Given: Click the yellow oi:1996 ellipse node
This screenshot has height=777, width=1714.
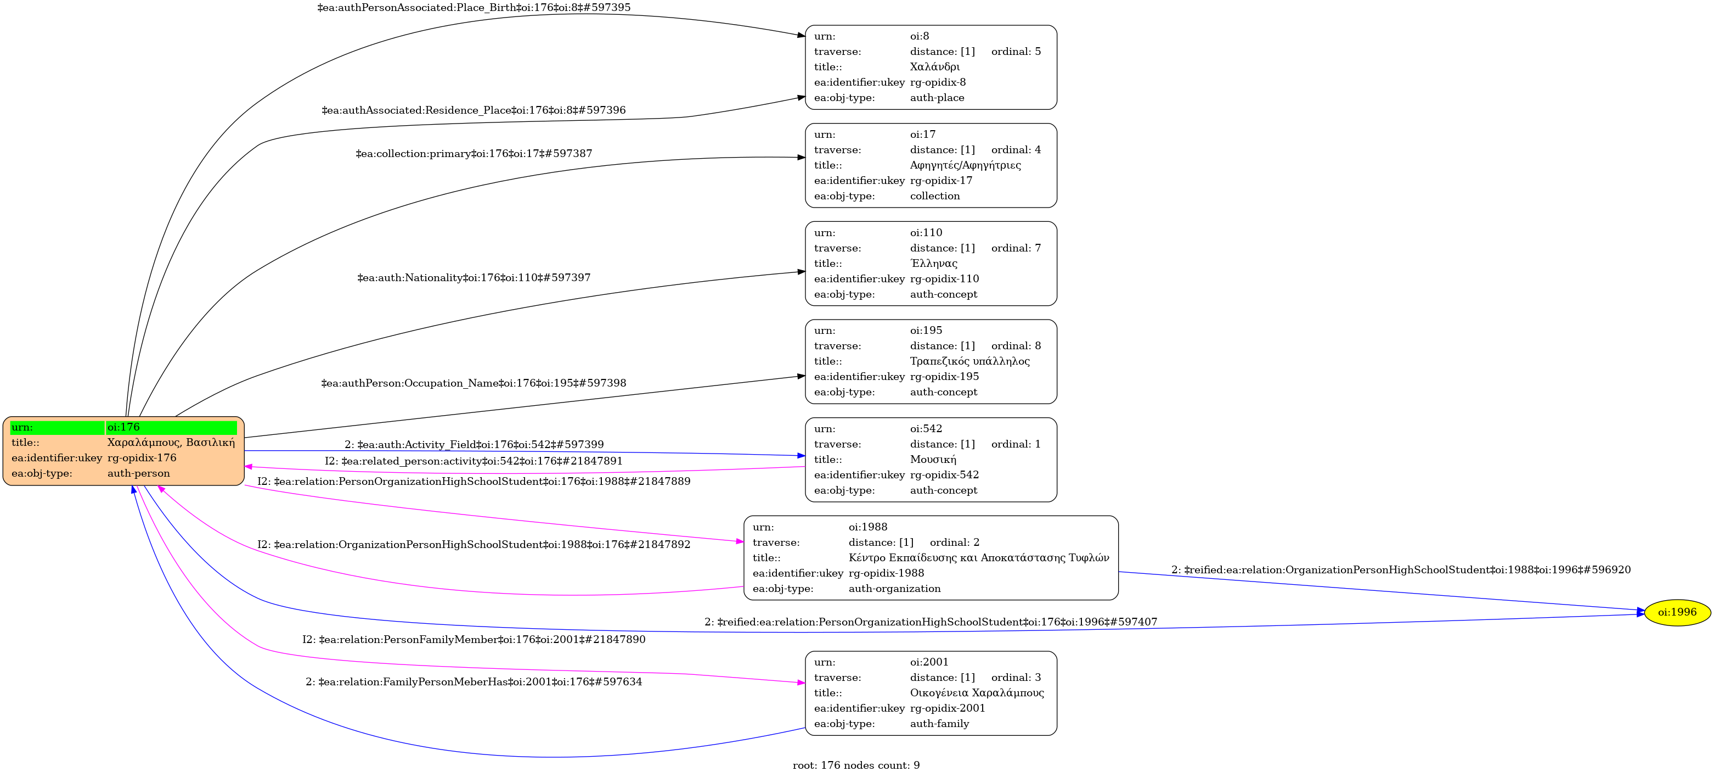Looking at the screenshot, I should (1676, 612).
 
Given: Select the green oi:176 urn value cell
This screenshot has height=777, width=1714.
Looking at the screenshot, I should (171, 427).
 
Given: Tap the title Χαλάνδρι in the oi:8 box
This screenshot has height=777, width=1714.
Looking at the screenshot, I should (934, 66).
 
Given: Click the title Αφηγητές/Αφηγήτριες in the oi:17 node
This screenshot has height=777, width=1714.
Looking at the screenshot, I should (965, 165).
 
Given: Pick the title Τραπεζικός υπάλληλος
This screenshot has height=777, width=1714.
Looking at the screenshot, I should (969, 361).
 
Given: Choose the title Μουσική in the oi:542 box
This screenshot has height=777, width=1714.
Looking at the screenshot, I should (933, 460).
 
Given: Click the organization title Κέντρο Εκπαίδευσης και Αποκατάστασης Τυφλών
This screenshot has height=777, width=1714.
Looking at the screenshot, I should (978, 557).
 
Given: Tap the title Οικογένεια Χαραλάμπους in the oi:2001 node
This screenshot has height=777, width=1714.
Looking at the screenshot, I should (977, 692).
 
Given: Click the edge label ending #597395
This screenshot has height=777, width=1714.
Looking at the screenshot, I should (473, 7).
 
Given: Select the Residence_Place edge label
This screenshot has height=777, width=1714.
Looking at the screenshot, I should (473, 110).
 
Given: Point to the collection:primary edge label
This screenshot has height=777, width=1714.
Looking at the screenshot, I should (473, 153).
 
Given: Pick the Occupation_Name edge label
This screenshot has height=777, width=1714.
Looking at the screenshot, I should (473, 383).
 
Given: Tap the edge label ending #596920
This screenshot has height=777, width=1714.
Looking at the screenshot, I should (1401, 569).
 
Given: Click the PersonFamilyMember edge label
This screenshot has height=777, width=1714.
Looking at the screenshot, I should (473, 639).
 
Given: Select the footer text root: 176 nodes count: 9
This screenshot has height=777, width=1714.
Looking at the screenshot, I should (856, 765).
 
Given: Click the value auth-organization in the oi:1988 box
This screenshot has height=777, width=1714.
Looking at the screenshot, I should (894, 589).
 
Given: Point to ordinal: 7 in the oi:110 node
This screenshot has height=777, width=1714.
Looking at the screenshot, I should (1016, 248).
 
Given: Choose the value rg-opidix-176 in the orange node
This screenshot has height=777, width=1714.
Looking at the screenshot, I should (142, 458).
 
